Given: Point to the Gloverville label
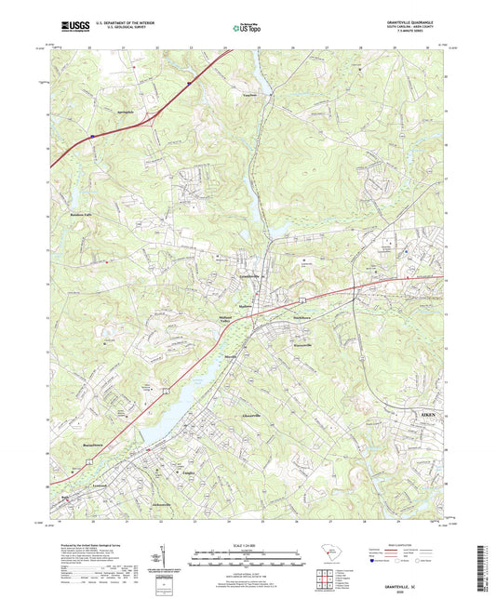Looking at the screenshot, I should click(251, 416).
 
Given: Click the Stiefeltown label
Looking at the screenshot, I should click(303, 317).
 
